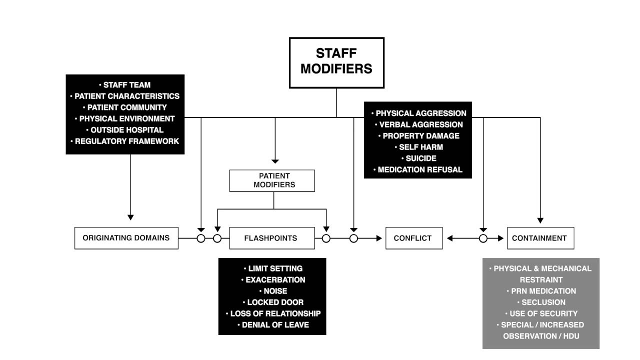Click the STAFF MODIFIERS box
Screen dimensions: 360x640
336,62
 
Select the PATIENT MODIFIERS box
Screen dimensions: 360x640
272,180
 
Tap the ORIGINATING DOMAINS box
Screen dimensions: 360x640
126,238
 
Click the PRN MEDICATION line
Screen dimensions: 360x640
540,291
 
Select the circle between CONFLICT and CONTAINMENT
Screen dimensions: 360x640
483,238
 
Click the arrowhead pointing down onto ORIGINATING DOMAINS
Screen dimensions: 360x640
130,217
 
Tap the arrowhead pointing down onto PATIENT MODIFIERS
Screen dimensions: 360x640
275,161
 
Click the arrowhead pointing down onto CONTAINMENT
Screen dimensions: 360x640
540,220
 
